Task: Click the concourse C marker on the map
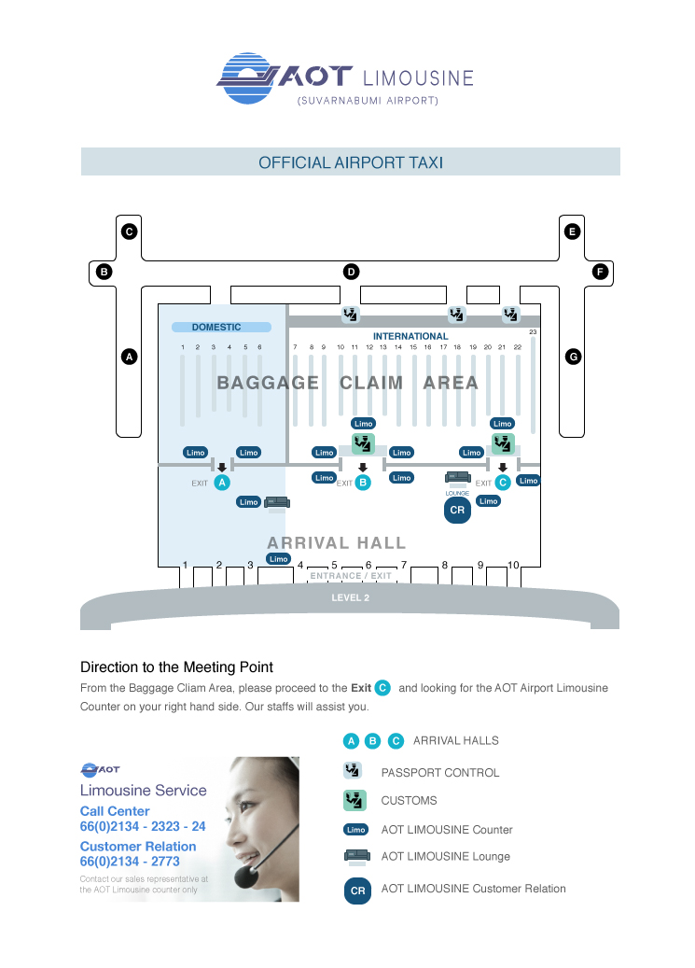pos(130,231)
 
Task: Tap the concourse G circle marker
pos(573,357)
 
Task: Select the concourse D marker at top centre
pos(351,272)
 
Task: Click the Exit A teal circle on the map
pos(222,483)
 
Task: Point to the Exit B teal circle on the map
pos(363,483)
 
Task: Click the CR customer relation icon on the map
pos(457,511)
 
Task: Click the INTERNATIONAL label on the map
pos(410,336)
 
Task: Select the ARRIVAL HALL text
pos(337,542)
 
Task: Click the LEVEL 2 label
pos(351,597)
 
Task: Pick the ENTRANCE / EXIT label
pos(351,576)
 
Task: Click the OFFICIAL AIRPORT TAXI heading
pos(351,162)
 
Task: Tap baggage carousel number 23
pos(533,332)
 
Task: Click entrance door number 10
pos(513,565)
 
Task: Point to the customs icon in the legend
pos(354,800)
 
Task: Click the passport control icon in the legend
pos(353,771)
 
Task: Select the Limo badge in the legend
pos(355,829)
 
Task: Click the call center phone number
pos(143,827)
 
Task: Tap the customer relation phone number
pos(130,862)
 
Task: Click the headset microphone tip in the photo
pos(246,877)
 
